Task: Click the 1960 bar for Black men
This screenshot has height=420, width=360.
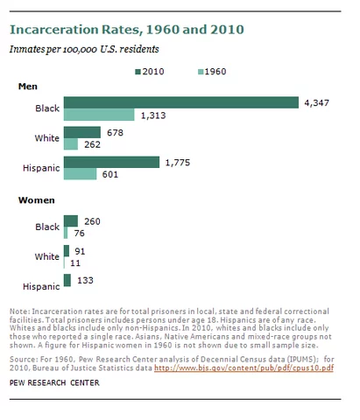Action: [98, 115]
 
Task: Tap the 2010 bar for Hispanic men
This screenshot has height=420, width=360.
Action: [111, 162]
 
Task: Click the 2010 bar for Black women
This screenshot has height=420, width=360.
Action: [71, 221]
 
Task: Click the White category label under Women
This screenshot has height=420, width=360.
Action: [43, 256]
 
